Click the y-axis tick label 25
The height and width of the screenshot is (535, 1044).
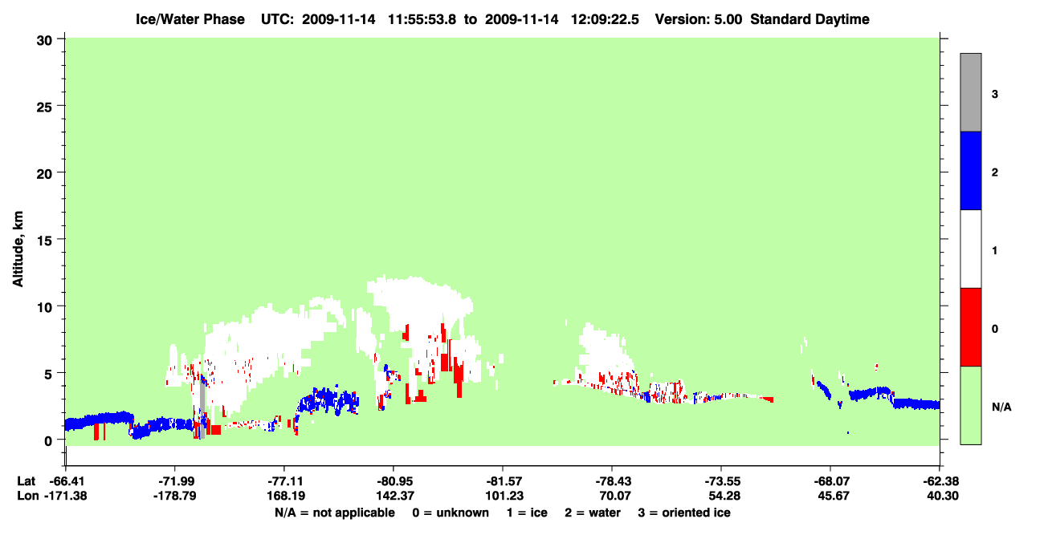[44, 107]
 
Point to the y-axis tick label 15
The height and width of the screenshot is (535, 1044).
[44, 241]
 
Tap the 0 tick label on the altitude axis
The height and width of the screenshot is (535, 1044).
[48, 441]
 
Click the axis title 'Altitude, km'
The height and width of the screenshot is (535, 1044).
[18, 249]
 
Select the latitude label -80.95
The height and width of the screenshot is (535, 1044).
[395, 481]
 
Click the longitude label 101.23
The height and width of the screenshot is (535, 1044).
[504, 496]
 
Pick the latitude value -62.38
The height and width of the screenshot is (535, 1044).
[941, 481]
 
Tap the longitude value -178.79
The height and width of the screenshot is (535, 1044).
[175, 496]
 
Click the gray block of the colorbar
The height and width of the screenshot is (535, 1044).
[970, 92]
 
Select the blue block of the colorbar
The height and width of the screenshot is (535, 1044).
[970, 170]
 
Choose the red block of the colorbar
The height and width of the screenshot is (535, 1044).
[970, 327]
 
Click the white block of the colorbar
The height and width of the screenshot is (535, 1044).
[970, 249]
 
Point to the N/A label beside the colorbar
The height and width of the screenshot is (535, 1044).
[1001, 407]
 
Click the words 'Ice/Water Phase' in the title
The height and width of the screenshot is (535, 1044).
[190, 19]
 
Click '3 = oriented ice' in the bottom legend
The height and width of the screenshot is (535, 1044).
[684, 513]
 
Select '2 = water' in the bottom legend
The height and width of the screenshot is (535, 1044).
[593, 513]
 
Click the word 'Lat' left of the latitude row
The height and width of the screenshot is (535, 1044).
[26, 481]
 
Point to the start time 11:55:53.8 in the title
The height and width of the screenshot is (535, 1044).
[422, 19]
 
